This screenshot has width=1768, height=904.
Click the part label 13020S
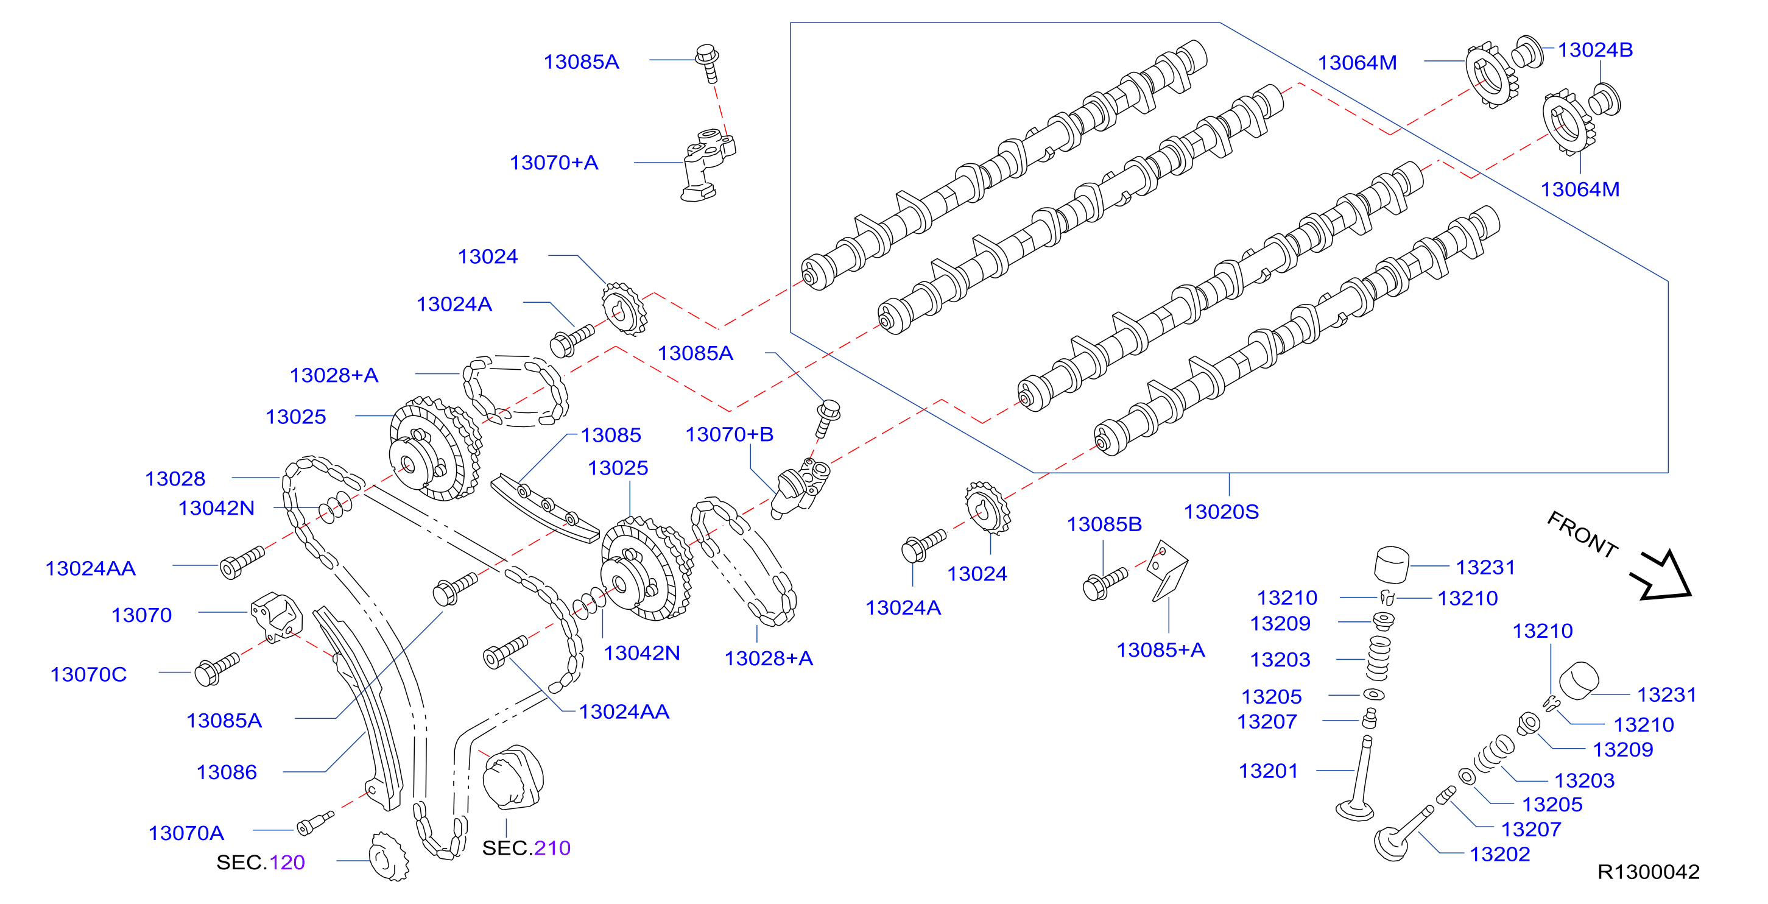coord(1221,512)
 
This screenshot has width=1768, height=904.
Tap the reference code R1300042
coord(1649,872)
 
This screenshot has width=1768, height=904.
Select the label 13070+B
coord(730,434)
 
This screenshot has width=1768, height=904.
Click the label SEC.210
coord(526,849)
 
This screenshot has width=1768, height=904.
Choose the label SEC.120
coord(261,863)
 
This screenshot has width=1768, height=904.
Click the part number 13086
coord(227,773)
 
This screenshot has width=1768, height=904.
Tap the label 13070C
coord(88,675)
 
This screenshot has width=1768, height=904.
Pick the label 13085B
coord(1104,524)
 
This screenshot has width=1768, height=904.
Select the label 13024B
coord(1595,50)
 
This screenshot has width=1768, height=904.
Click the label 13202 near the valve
coord(1499,855)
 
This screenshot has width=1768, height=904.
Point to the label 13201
coord(1269,772)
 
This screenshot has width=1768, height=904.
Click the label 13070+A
coord(554,163)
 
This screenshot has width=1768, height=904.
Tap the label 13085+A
coord(1161,650)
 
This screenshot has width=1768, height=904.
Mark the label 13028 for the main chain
coord(175,479)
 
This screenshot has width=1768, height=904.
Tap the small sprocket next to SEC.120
coord(389,856)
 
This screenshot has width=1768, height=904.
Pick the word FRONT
coord(1582,534)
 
